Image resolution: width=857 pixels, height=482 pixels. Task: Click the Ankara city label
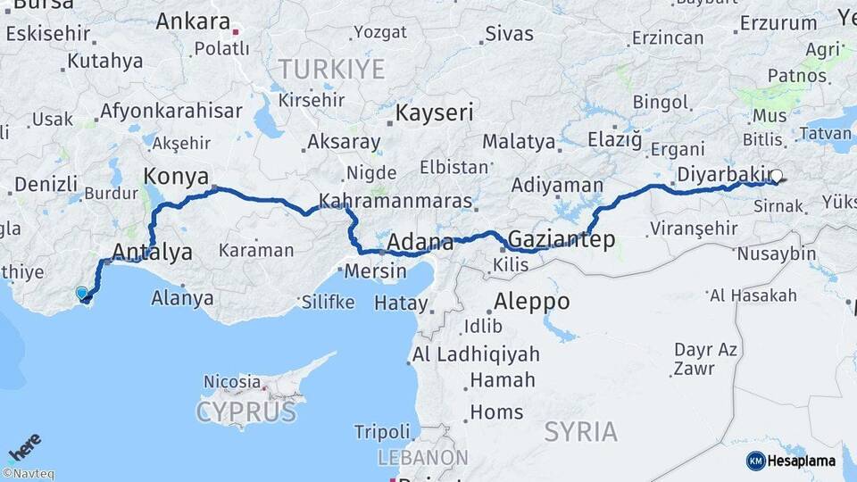[193, 21]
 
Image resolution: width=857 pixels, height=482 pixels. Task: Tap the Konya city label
[176, 175]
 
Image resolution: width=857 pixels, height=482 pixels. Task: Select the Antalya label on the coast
[154, 253]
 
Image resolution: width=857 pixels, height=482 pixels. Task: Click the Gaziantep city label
[562, 239]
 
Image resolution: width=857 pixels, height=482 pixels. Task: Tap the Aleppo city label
[532, 302]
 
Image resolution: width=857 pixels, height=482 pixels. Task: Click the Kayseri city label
[435, 113]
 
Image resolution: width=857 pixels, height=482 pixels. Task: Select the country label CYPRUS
[245, 412]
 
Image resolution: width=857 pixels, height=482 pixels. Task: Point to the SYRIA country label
[581, 432]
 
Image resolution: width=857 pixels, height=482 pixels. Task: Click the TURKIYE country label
[331, 69]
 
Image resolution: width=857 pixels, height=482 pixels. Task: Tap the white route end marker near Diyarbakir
[777, 177]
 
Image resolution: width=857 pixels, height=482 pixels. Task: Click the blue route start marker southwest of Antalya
[82, 293]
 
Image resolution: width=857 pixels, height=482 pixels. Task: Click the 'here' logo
[24, 447]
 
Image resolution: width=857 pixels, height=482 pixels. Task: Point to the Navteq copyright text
[29, 474]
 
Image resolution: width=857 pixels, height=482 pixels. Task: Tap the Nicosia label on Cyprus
[232, 381]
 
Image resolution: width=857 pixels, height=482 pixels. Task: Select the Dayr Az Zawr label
[705, 358]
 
